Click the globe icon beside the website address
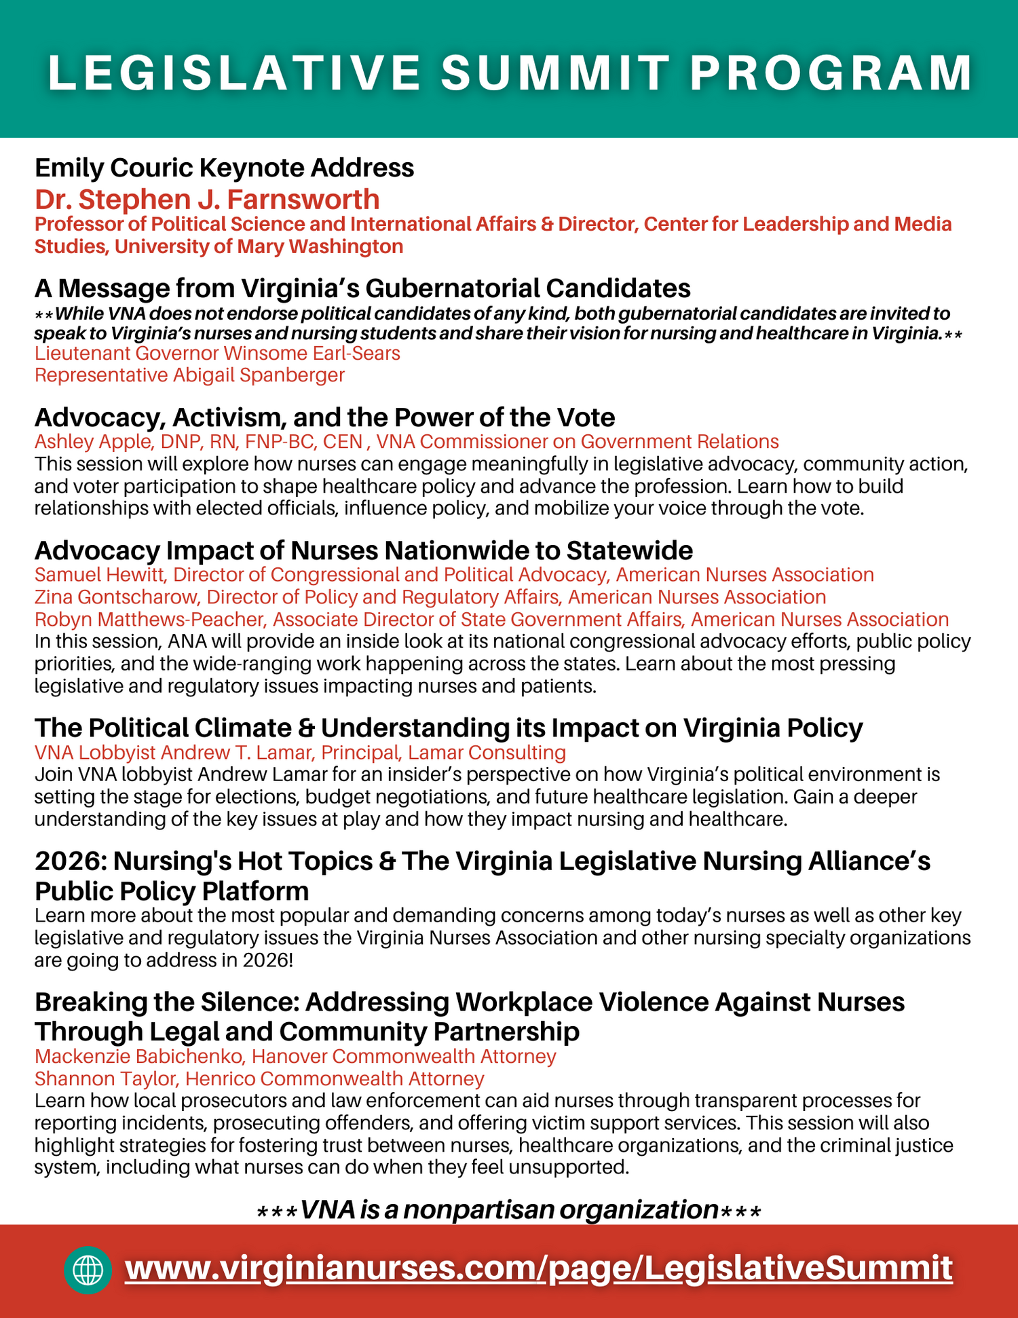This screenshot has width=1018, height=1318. coord(88,1270)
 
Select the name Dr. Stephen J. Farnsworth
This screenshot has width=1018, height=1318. coord(207,200)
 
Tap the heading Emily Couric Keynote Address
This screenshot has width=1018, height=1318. coord(224,168)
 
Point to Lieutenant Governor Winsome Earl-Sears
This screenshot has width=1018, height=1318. coord(217,354)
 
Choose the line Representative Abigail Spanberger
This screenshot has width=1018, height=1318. coord(189,375)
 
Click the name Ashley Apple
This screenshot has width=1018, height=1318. coord(93,442)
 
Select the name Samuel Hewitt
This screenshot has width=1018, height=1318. coord(100,575)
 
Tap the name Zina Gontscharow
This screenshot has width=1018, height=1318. coord(116,597)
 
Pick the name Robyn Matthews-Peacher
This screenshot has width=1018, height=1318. coord(149,620)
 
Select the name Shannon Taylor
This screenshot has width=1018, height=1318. coord(105,1079)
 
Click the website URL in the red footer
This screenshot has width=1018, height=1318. coord(539,1268)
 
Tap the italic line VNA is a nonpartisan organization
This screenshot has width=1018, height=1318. coord(509,1210)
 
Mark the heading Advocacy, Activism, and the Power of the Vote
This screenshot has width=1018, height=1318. coord(324,417)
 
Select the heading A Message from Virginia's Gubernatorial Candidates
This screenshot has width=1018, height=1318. coord(362,288)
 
